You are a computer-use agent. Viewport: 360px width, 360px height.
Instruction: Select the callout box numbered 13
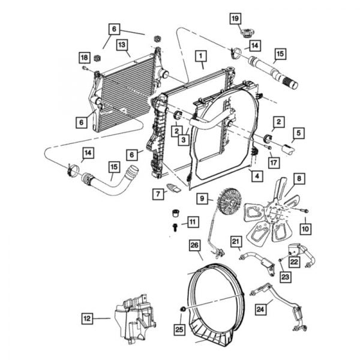122,44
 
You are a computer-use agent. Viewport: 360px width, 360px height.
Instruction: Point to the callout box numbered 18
84,56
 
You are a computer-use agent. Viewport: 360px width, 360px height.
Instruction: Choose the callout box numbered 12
88,318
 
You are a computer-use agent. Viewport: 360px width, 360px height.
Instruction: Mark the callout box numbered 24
260,310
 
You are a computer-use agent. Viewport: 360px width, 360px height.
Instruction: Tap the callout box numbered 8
298,178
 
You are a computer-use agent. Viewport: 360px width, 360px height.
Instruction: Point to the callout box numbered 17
274,161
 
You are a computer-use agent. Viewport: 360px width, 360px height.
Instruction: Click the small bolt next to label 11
175,226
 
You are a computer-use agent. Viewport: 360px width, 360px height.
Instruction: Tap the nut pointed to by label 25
181,310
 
